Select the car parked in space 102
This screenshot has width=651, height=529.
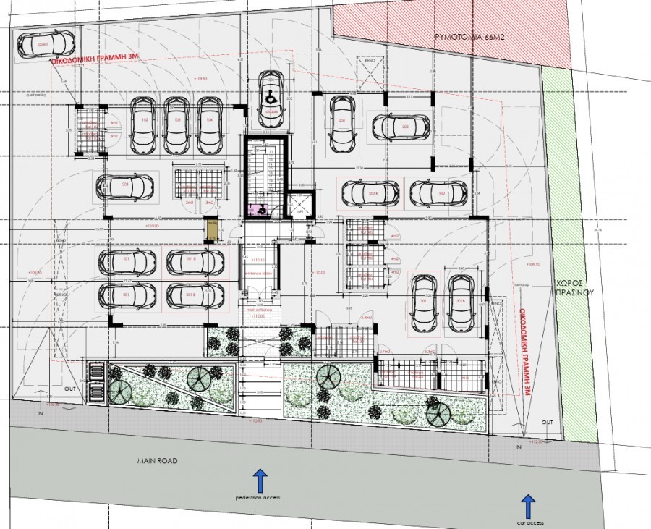pos(144,125)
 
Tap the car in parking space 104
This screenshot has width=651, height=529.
pos(209,125)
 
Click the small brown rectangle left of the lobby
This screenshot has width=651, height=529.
pos(211,232)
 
